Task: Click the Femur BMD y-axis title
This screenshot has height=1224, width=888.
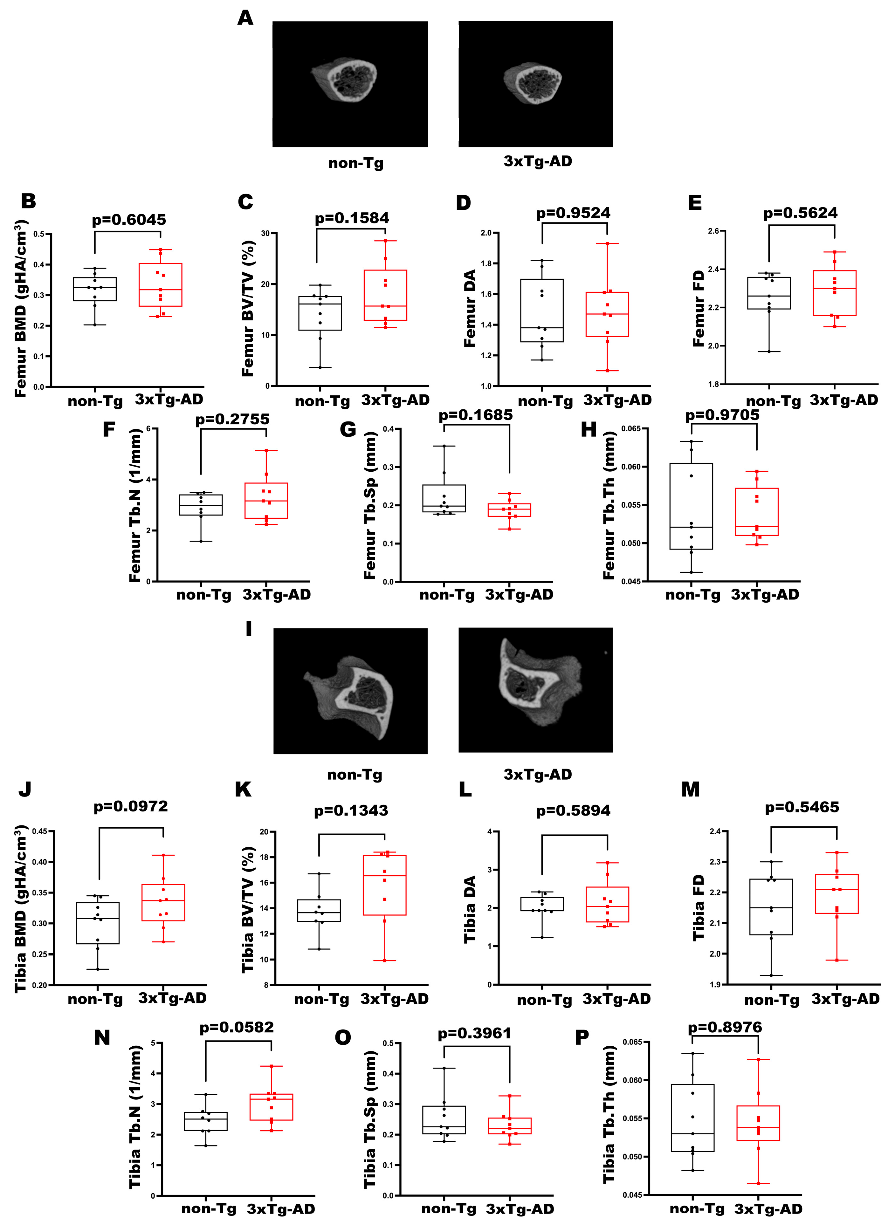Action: (x=21, y=309)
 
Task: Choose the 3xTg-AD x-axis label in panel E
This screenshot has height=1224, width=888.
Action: (x=844, y=400)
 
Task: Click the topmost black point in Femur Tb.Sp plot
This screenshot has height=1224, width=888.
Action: (x=444, y=446)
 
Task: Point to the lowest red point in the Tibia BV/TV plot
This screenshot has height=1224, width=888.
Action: (x=384, y=961)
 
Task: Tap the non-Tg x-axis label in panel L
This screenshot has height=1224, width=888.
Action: (x=544, y=1000)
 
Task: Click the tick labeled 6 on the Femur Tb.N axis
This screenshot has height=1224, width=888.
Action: (x=148, y=428)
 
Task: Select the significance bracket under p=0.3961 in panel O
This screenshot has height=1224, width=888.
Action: (x=477, y=1046)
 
